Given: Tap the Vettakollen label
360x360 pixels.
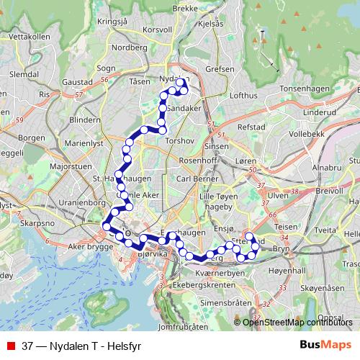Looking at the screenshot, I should [x=28, y=36].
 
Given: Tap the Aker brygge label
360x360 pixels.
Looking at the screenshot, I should [x=90, y=246].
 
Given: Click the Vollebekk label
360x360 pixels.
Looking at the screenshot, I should [x=307, y=134].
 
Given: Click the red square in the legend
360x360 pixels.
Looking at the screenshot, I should [x=11, y=346].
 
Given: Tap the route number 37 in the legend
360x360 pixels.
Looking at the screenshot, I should [x=28, y=346].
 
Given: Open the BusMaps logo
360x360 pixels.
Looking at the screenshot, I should [x=325, y=345].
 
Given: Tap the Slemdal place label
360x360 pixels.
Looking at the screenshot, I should [x=24, y=74].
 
